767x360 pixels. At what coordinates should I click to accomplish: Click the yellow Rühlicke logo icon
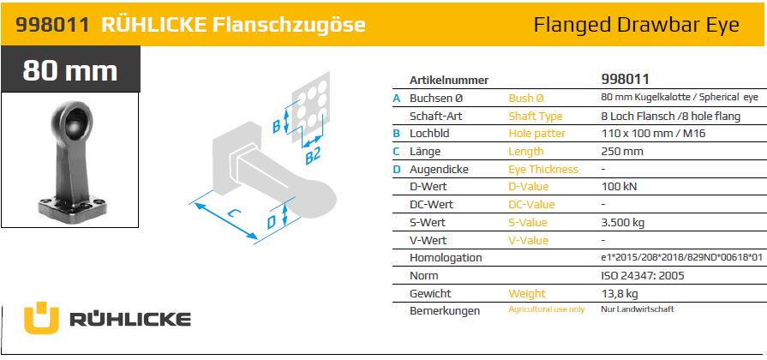click(41, 318)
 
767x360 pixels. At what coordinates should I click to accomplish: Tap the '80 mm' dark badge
click(70, 69)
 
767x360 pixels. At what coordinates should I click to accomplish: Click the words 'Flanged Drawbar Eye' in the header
click(636, 25)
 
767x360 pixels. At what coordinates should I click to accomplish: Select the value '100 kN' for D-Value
click(619, 186)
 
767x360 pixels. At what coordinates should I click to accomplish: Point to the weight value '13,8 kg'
click(620, 293)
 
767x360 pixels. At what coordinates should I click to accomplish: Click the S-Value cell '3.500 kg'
click(623, 223)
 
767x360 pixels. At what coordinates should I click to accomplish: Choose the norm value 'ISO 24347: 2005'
click(642, 275)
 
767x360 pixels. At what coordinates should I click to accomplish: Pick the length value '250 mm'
click(621, 151)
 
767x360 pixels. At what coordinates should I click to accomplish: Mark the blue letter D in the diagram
click(272, 223)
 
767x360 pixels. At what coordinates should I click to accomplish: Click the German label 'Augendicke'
click(439, 169)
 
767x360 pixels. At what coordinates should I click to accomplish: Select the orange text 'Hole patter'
click(536, 133)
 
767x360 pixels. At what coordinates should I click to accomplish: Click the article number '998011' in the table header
click(625, 79)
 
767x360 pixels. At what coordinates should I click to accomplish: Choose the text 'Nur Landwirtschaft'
click(638, 309)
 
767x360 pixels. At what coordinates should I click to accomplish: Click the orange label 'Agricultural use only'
click(547, 309)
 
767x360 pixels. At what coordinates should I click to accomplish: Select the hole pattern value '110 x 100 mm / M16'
click(653, 133)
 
